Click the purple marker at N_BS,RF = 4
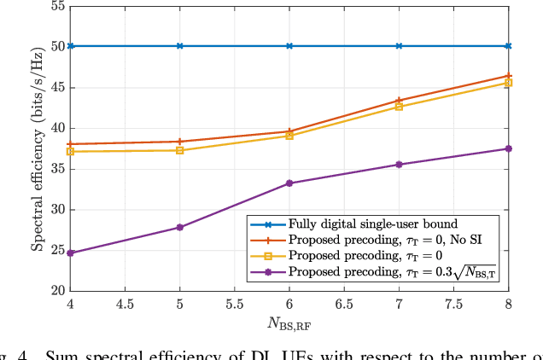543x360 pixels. tap(70, 253)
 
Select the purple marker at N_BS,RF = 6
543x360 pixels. tap(289, 183)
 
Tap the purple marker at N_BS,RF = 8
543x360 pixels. tap(509, 148)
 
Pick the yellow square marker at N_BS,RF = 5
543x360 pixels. tap(179, 150)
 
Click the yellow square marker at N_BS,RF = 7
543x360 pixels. tap(399, 107)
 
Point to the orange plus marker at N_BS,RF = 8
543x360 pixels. tap(509, 76)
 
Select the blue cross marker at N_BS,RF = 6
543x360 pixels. tap(289, 46)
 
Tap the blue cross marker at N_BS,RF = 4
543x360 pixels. tap(70, 46)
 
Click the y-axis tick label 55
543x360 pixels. tap(56, 6)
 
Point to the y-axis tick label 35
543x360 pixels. tap(56, 169)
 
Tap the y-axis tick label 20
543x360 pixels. tap(56, 291)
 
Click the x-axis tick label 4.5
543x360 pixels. tap(125, 305)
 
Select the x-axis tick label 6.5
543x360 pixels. tap(344, 305)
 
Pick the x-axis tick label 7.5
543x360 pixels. tap(453, 305)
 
